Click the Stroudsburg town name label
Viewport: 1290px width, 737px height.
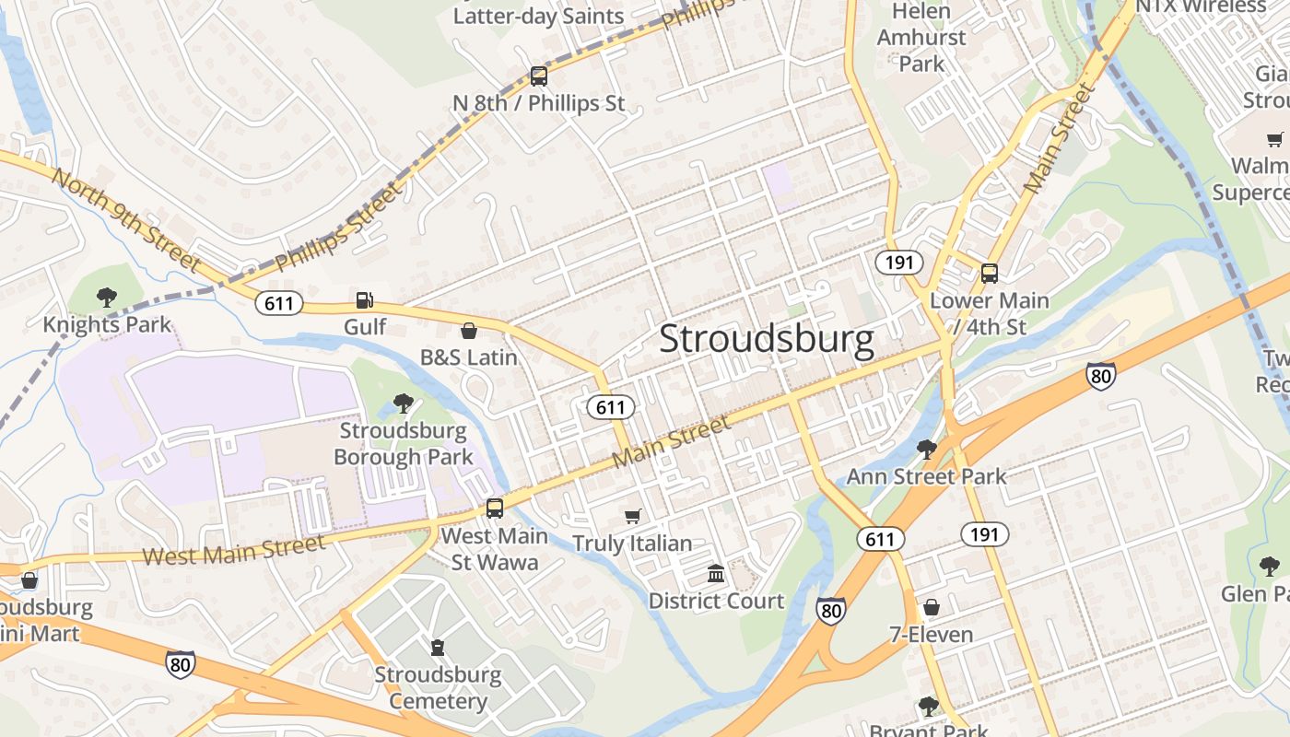pos(767,339)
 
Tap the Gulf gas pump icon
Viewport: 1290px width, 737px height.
pos(365,300)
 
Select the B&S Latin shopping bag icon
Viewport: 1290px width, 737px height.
pos(469,331)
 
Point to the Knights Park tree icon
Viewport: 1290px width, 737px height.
pos(107,297)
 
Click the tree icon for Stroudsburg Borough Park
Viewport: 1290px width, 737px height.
pos(403,403)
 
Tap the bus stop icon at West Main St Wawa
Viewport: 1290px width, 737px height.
pos(495,508)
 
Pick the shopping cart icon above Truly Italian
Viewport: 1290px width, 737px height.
pos(632,516)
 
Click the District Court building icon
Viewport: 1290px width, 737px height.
pos(716,574)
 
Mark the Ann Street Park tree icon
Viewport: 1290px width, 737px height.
pos(927,450)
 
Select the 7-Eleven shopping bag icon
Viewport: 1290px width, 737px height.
pos(932,607)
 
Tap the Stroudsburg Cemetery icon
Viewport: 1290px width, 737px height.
pos(438,648)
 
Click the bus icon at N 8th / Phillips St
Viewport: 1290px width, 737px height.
pos(539,76)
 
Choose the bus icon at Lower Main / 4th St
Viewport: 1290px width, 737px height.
pos(990,274)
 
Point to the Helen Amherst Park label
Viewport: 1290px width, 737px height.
pos(921,38)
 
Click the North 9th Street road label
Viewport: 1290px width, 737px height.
pos(125,219)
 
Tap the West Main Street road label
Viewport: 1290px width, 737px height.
pos(234,550)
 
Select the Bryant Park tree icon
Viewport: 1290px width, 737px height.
pos(928,707)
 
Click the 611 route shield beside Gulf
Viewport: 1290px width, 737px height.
pos(278,303)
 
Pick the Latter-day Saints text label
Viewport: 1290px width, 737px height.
pos(538,16)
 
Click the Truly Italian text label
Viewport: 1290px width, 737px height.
pos(632,544)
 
